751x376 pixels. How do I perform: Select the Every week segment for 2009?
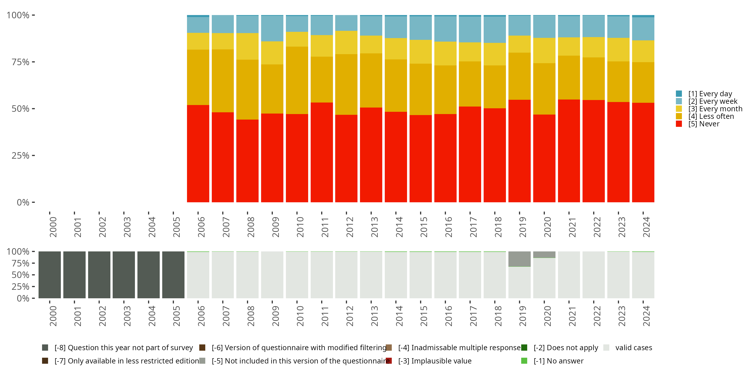pyautogui.click(x=272, y=28)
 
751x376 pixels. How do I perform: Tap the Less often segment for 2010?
pyautogui.click(x=297, y=80)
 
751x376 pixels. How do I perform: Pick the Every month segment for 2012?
pyautogui.click(x=346, y=42)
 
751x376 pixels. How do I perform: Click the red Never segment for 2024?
pyautogui.click(x=643, y=152)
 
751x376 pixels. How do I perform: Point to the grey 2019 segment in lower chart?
pyautogui.click(x=519, y=259)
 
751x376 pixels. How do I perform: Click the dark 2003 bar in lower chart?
pyautogui.click(x=124, y=275)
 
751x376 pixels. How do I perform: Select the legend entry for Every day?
pyautogui.click(x=710, y=94)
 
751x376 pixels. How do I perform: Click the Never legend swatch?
pyautogui.click(x=679, y=124)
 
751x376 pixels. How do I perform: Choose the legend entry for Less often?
pyautogui.click(x=711, y=116)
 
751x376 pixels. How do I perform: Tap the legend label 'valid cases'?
pyautogui.click(x=634, y=348)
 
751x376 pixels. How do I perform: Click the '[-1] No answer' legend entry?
pyautogui.click(x=558, y=361)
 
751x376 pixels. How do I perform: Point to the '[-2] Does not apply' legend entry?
pyautogui.click(x=566, y=348)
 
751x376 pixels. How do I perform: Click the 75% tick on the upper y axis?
pyautogui.click(x=21, y=62)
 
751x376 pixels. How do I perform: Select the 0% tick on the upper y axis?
pyautogui.click(x=23, y=202)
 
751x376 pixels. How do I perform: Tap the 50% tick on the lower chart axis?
pyautogui.click(x=21, y=275)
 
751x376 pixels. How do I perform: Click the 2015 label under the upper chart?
pyautogui.click(x=424, y=227)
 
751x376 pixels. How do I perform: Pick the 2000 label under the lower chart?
pyautogui.click(x=53, y=316)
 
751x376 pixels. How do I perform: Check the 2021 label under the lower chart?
pyautogui.click(x=572, y=316)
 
